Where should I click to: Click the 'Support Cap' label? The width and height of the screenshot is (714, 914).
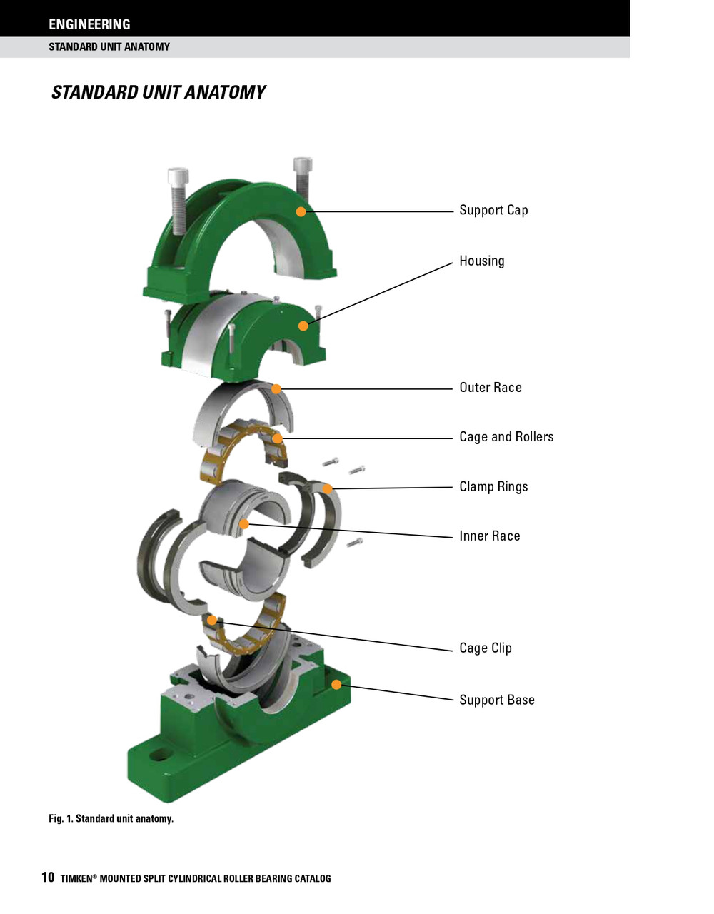coord(493,210)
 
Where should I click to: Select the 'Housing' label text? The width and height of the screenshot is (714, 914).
coord(481,261)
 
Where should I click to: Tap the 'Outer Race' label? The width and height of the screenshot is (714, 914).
coord(490,388)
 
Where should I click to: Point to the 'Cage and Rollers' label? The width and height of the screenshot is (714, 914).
coord(506,437)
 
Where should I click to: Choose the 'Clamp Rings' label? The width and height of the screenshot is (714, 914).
coord(493,487)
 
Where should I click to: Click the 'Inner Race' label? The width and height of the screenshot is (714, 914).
coord(489,536)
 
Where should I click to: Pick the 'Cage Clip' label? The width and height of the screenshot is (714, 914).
coord(485,648)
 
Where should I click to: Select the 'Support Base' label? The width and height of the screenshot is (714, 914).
coord(496,700)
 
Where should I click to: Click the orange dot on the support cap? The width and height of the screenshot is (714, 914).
coord(301,211)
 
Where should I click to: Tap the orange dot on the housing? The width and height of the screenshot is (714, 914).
coord(303,326)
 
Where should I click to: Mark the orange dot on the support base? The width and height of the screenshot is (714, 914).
coord(336,684)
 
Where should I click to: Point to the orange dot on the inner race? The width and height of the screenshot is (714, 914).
coord(244,524)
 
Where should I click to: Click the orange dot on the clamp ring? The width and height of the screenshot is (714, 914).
coord(327,489)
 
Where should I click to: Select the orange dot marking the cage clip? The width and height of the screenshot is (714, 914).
coord(212,620)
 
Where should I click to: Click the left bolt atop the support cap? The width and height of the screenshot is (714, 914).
coord(178,193)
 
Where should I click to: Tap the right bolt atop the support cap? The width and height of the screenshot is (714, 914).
coord(303,179)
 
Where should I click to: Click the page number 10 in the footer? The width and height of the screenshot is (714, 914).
coord(48,878)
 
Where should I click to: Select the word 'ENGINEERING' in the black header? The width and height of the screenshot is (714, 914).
coord(89,24)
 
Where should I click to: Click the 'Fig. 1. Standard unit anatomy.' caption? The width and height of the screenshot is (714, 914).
coord(111,818)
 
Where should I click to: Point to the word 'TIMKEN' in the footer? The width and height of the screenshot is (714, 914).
coord(76,879)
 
